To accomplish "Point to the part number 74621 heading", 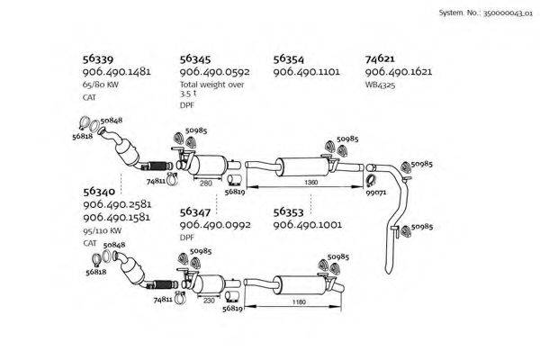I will point(382,56).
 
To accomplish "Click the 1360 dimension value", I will point(311,183).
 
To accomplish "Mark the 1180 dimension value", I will point(298,302).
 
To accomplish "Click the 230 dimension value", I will point(208,301).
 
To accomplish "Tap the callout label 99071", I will point(376,192).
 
